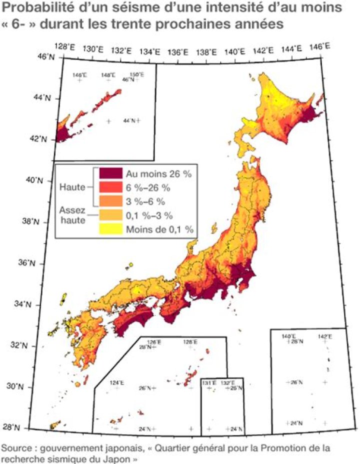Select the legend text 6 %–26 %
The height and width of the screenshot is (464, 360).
click(x=150, y=188)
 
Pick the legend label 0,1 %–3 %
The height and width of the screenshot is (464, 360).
click(x=149, y=215)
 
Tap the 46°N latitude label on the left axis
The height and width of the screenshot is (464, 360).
click(x=45, y=57)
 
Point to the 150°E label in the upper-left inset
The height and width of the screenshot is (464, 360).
click(x=136, y=74)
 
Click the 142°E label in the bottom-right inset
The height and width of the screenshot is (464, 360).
click(x=325, y=336)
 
